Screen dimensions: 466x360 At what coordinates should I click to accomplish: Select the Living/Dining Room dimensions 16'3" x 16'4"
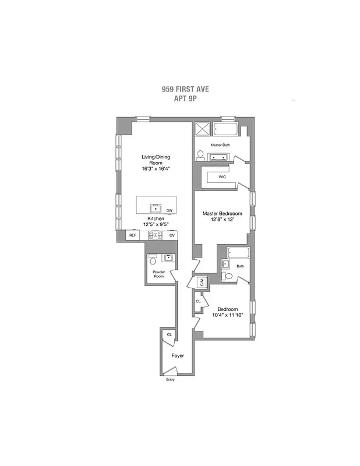(x=156, y=169)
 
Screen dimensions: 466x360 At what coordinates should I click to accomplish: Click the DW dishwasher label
(x=170, y=210)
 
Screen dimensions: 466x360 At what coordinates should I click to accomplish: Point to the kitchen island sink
(x=156, y=207)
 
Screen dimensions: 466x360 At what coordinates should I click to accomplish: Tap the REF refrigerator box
(x=132, y=235)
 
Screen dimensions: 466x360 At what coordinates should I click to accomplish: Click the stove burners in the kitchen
(x=155, y=235)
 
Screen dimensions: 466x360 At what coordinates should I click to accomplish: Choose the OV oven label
(x=172, y=235)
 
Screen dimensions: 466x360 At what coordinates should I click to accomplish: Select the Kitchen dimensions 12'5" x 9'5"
(x=156, y=225)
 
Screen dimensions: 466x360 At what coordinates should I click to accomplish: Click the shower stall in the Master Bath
(x=203, y=129)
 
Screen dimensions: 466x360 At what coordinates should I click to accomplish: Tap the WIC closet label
(x=222, y=176)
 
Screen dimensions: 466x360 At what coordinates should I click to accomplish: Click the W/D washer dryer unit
(x=202, y=283)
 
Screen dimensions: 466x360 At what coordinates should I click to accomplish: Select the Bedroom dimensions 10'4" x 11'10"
(x=227, y=316)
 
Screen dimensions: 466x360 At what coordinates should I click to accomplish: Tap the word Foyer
(x=178, y=355)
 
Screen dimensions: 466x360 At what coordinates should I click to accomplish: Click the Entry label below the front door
(x=170, y=379)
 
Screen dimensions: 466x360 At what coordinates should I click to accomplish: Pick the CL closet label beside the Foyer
(x=170, y=334)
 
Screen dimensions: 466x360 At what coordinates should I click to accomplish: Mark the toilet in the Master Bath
(x=201, y=156)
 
